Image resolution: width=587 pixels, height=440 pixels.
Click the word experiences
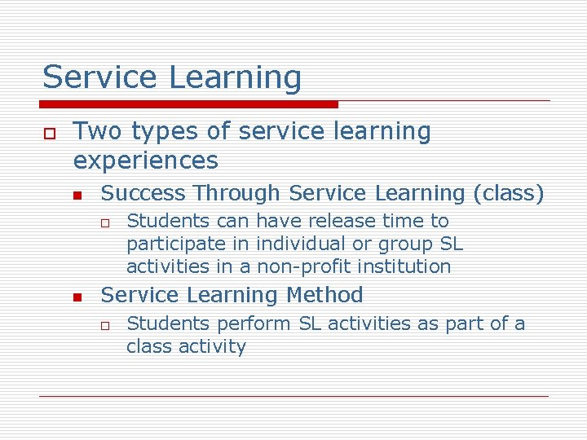[146, 161]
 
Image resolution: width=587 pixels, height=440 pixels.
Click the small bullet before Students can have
[105, 222]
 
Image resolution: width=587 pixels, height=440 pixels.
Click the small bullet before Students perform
[105, 325]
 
